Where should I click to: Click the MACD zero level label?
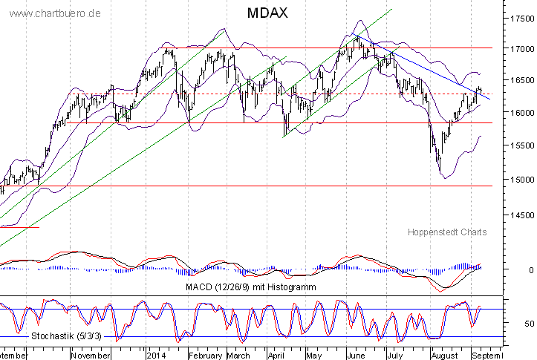click(530, 270)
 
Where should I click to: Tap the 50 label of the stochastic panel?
click(527, 324)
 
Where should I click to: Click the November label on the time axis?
click(90, 356)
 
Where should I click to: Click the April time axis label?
click(276, 356)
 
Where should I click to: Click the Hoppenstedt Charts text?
click(447, 232)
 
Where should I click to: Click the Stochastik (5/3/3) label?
click(65, 336)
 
